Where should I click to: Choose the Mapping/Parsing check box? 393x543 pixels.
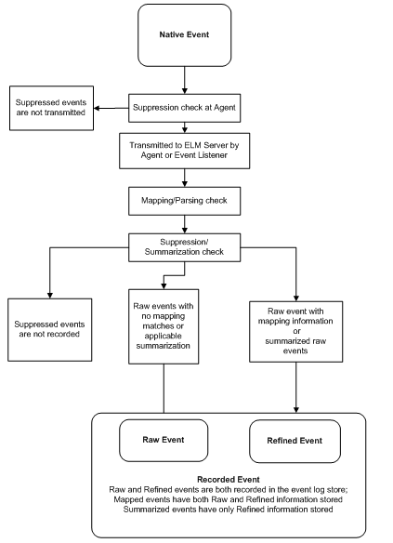point(183,199)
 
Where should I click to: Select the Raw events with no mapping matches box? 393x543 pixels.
point(164,324)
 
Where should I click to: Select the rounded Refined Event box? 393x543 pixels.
point(295,441)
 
